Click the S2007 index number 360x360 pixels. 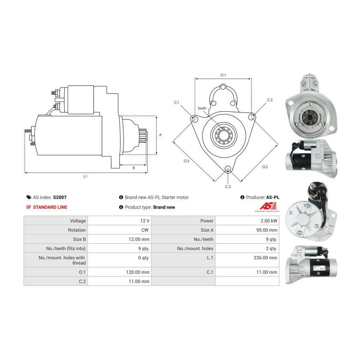(60, 197)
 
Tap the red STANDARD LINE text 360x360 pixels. (50, 207)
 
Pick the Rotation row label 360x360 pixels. (77, 230)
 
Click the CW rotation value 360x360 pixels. (145, 230)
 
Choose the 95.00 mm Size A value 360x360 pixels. (266, 230)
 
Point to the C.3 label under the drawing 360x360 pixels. (228, 187)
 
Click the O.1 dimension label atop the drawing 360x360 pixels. (223, 75)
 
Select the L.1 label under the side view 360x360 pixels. (85, 176)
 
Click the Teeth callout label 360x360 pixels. (202, 108)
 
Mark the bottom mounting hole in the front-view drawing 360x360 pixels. (228, 169)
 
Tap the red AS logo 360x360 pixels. (268, 206)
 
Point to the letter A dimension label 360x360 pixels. (160, 135)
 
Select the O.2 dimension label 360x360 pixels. (265, 167)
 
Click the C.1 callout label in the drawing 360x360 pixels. (176, 102)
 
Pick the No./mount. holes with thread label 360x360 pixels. (62, 260)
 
